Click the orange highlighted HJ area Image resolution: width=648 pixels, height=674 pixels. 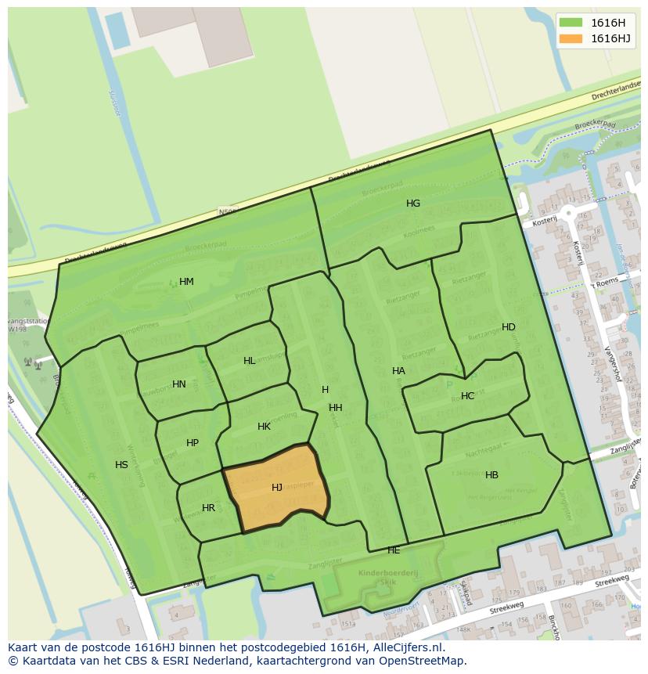(x=276, y=487)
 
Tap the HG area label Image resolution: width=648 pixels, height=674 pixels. (x=413, y=204)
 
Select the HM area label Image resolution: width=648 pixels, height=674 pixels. (x=186, y=282)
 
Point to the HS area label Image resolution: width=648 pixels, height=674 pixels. (x=121, y=465)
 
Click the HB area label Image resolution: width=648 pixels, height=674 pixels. (x=491, y=475)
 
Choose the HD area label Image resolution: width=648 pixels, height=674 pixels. (x=509, y=327)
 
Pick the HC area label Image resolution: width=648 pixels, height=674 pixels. (x=467, y=396)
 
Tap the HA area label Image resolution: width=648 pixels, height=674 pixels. (x=398, y=371)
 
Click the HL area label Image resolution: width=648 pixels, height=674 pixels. (x=249, y=361)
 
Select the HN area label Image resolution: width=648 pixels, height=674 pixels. (x=179, y=384)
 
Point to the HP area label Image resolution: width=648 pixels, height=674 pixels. (x=193, y=443)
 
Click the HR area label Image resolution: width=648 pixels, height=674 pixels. (x=208, y=508)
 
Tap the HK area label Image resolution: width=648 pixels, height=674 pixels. (x=264, y=427)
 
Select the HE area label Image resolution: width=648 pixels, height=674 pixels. (x=394, y=551)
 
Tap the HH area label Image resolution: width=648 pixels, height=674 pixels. (x=335, y=408)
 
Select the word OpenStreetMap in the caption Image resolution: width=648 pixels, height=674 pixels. (x=423, y=661)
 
